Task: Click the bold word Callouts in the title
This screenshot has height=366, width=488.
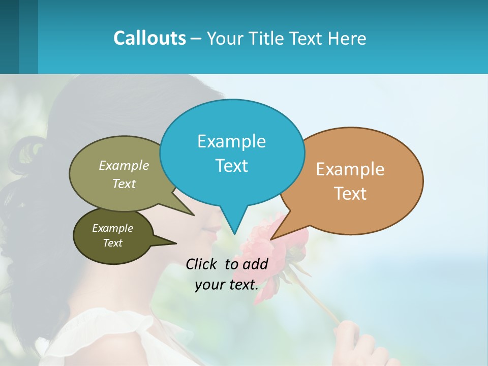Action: click(149, 38)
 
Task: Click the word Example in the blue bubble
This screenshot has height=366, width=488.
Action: click(231, 141)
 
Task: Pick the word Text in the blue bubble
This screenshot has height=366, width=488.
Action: click(231, 166)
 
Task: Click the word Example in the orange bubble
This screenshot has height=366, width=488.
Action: click(350, 169)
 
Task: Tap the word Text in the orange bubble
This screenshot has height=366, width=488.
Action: click(350, 194)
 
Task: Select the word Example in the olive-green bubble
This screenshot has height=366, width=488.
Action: click(124, 165)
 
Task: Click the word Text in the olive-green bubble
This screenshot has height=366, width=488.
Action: click(124, 184)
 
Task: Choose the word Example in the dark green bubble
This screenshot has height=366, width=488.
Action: click(112, 228)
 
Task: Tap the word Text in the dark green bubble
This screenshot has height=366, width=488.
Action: click(112, 243)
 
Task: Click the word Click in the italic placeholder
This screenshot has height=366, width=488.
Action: click(202, 264)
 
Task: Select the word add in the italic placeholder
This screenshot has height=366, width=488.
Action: click(255, 264)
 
